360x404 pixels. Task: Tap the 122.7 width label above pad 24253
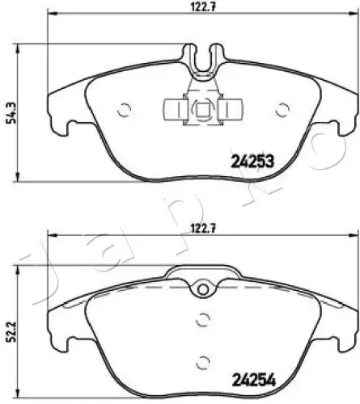(201, 7)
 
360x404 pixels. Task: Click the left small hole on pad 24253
(124, 111)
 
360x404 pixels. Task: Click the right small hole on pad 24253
(282, 111)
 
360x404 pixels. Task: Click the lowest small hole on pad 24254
(201, 361)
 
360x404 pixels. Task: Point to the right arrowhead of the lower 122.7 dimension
(350, 237)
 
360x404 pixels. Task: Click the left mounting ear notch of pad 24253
(65, 125)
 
